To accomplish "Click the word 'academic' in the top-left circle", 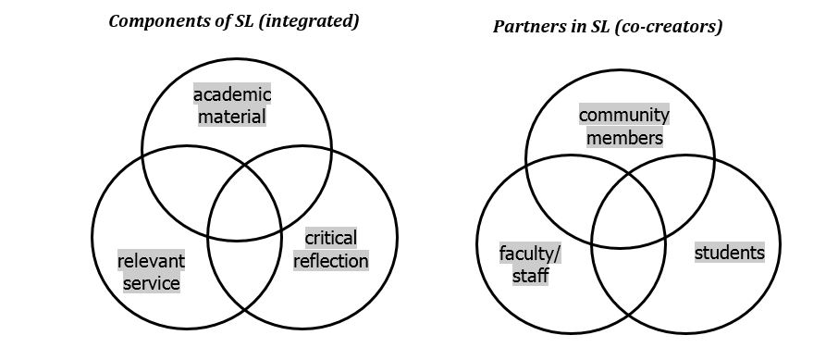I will pos(232,94).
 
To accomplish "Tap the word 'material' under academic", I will pos(232,117).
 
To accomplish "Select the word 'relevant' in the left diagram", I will pos(151,261).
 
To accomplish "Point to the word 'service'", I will pos(151,283).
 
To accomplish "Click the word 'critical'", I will pos(330,239).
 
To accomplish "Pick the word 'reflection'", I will pos(330,261).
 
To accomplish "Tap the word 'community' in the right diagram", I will pos(624,116).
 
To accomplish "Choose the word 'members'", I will pos(624,138).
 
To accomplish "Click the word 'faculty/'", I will pos(530,254).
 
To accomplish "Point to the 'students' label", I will pos(730,253).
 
